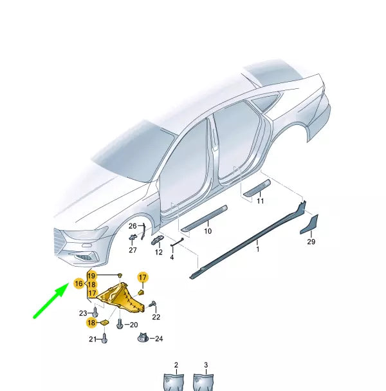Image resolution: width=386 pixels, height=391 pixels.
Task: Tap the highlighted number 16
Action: [x=78, y=283]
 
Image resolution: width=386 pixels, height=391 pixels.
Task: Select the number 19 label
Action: [x=92, y=276]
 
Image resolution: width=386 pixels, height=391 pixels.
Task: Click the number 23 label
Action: [x=83, y=313]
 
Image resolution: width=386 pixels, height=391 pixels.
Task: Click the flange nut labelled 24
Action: [x=142, y=338]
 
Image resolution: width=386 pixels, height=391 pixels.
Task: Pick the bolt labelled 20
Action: [x=120, y=325]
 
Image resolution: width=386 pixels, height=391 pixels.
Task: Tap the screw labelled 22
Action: [x=152, y=304]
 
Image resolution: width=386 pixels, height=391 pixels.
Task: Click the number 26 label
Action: [x=133, y=226]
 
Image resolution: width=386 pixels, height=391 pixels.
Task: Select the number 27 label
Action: [x=133, y=250]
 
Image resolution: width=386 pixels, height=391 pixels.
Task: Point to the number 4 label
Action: [x=172, y=257]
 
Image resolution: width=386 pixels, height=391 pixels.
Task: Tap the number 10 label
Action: [x=208, y=231]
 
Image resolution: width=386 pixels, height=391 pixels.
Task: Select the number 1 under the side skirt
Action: [x=258, y=249]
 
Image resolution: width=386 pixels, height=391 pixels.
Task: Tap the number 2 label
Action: [x=176, y=365]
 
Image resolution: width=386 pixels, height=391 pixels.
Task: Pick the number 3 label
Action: [x=206, y=365]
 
